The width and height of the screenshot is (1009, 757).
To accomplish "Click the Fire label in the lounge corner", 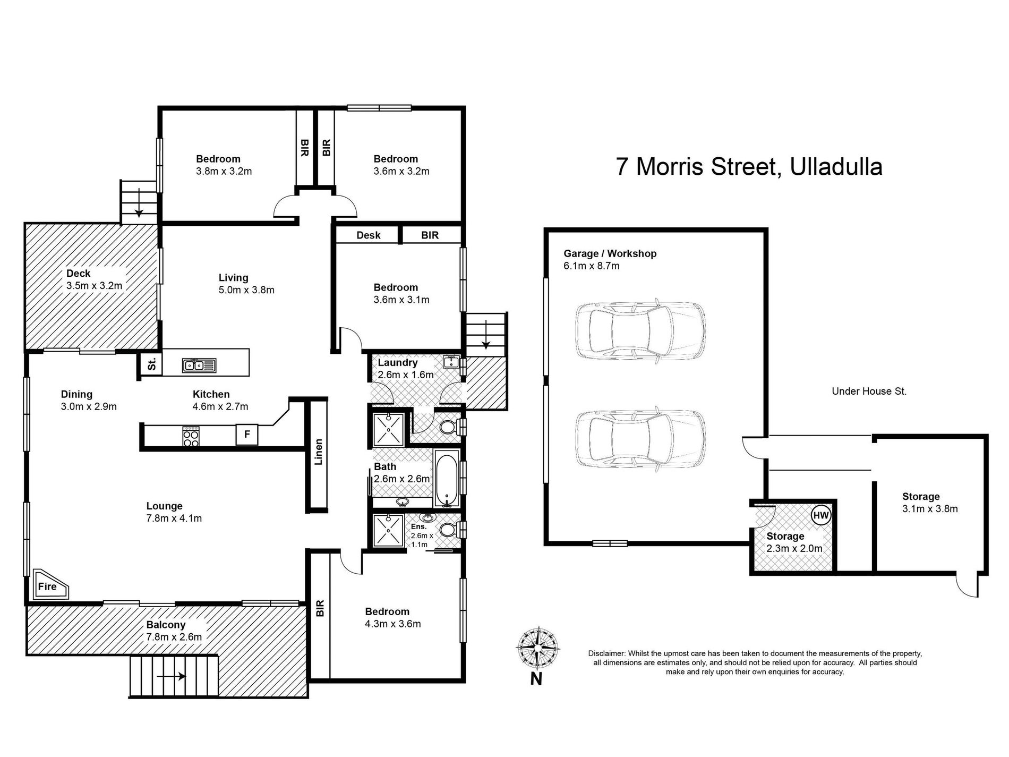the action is tap(47, 586).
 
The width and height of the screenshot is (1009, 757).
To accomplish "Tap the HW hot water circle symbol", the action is tap(820, 515).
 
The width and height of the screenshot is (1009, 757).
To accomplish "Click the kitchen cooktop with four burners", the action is tap(191, 436).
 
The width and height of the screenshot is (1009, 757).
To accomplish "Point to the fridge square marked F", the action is tap(247, 435).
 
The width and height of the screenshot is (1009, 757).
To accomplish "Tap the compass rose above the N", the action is tap(537, 648).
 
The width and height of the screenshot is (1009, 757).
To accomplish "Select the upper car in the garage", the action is tap(640, 330).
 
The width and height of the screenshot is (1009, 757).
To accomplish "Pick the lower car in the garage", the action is tap(640, 439).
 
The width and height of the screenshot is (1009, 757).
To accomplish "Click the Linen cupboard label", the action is tap(319, 452).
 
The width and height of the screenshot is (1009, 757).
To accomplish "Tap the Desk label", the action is tap(369, 235).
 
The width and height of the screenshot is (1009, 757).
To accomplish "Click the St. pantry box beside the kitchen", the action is tap(151, 364).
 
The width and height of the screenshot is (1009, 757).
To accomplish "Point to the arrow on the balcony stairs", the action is tap(170, 676).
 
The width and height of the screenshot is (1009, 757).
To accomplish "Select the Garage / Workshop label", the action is tap(610, 253).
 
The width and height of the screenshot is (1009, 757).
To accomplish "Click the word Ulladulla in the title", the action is tap(836, 166).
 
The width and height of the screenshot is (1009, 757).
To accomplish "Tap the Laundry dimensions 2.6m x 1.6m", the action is tap(406, 375).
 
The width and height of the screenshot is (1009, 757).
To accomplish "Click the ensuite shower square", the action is tap(388, 530).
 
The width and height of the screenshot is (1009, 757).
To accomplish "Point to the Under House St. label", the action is tap(869, 392).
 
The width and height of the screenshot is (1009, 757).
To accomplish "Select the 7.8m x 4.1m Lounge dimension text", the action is tap(174, 518).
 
